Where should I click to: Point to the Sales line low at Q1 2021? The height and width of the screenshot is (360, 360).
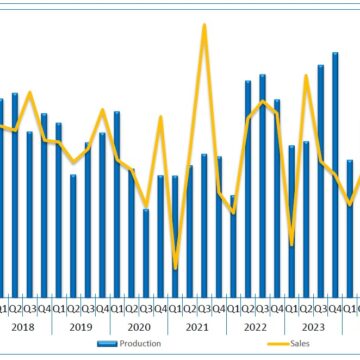175,267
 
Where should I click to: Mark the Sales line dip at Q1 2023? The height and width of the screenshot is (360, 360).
291,243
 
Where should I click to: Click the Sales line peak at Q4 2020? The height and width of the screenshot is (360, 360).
160,118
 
